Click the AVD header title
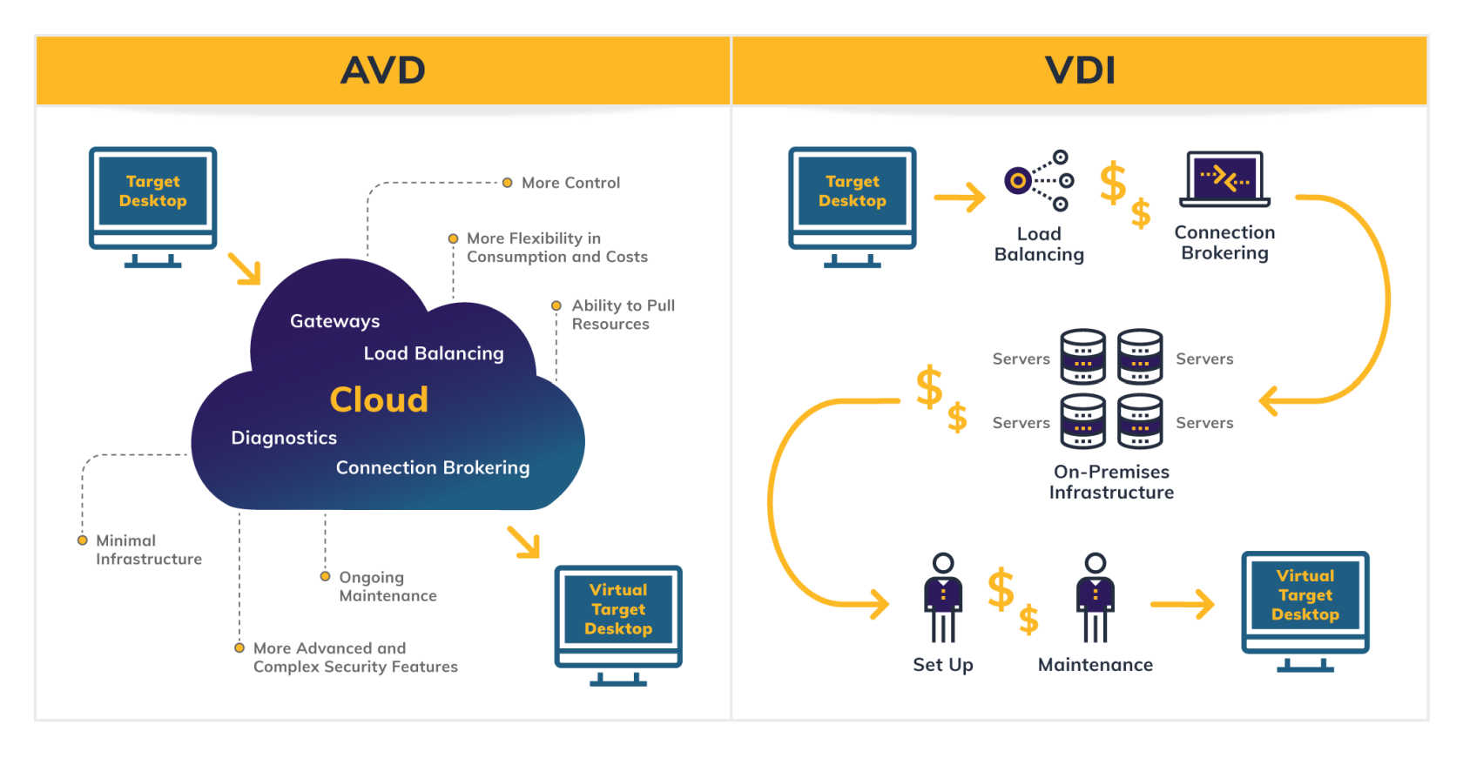[x=382, y=70]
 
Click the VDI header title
[x=1080, y=70]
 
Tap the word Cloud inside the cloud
[x=379, y=399]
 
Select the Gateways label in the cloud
[x=334, y=321]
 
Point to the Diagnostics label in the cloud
[x=284, y=438]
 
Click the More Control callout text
[x=570, y=183]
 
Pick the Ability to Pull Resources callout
[x=622, y=314]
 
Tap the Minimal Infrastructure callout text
[x=148, y=549]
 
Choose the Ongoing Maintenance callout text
[x=388, y=586]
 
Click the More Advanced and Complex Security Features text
[x=354, y=657]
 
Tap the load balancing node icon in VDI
[x=1038, y=180]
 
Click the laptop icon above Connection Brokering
[x=1224, y=178]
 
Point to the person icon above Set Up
[x=942, y=597]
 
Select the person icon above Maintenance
[x=1096, y=597]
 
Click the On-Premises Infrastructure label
[x=1111, y=481]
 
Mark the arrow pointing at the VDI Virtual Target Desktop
[x=1183, y=604]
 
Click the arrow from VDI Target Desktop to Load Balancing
[x=959, y=198]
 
